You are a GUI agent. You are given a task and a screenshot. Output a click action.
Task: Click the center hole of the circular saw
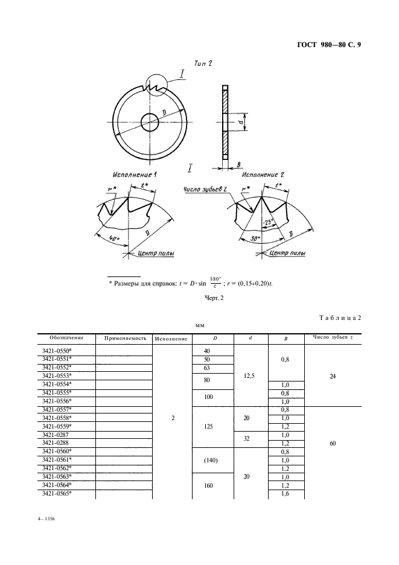click(149, 122)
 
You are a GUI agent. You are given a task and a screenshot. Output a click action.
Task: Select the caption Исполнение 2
click(263, 174)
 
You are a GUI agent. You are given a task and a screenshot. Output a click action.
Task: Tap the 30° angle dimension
click(255, 239)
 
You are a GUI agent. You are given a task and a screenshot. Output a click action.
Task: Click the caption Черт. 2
click(215, 298)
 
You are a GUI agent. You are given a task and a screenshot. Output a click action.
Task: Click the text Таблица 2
click(339, 318)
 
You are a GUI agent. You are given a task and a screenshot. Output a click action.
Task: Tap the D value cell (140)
click(212, 460)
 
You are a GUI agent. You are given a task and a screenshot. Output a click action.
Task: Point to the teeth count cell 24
click(333, 375)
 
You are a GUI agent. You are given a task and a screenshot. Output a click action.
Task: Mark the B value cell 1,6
click(286, 494)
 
